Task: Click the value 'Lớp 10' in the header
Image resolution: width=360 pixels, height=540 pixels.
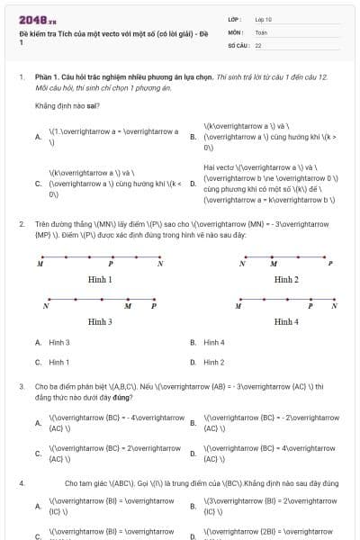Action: coord(264,19)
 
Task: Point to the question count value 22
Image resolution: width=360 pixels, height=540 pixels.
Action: coord(258,44)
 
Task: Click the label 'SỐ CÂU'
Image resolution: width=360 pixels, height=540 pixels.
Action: coord(237,44)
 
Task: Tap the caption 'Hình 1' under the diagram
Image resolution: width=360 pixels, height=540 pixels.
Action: coord(100,280)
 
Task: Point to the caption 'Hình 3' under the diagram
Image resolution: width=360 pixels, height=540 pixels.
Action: coord(100,320)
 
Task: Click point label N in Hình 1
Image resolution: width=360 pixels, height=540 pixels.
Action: coord(160,265)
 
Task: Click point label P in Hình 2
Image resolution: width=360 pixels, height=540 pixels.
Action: coord(330,265)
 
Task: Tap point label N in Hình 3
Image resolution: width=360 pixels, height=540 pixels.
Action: coord(45,306)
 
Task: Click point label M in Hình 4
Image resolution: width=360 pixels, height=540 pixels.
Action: coord(238,306)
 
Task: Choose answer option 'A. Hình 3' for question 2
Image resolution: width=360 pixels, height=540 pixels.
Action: coord(52,342)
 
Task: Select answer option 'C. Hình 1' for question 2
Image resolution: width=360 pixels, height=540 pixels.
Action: coord(52,362)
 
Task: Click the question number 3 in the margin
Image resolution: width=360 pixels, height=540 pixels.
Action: coord(21,385)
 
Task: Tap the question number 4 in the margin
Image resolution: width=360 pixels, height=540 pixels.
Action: coord(21,483)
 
